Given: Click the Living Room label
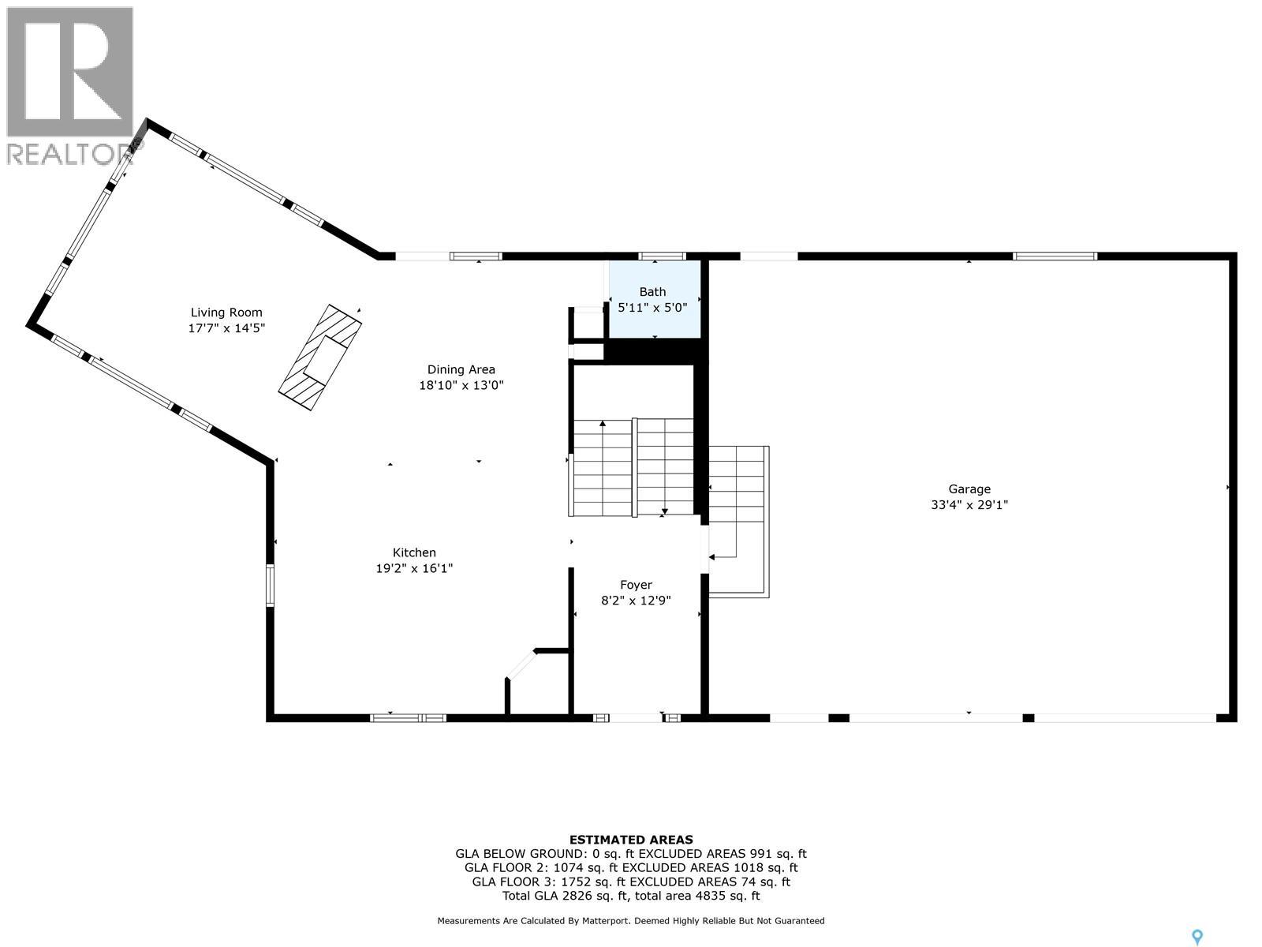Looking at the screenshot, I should pos(226,313).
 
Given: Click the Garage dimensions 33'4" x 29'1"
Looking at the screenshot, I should pos(969,505).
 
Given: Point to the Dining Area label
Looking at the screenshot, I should pos(461,369).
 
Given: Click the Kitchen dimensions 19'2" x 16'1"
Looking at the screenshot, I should pos(414,568).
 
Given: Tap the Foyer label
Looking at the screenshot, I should pos(636,585).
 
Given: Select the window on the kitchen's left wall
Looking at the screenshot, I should pos(270,586).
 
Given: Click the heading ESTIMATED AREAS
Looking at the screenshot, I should pos(631,840).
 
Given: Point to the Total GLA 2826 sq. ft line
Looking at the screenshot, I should pos(631,896).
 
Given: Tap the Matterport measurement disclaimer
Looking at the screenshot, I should pos(631,921).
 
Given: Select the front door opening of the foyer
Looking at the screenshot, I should pos(636,717).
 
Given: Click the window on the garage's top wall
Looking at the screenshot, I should pos(1055,256).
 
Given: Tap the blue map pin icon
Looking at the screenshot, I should pos(1197,937).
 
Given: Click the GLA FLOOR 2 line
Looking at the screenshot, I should pos(631,867).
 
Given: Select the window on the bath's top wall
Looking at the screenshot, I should pos(662,256).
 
